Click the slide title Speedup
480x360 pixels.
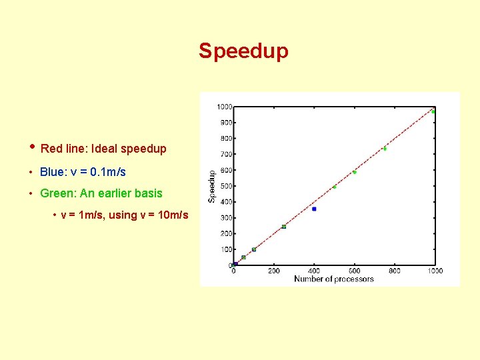243,51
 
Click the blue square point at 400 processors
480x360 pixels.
314,209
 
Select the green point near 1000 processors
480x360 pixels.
433,111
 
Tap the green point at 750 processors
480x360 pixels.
385,148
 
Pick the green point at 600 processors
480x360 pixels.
355,172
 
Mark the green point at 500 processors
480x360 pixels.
334,187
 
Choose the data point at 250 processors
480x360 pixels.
284,227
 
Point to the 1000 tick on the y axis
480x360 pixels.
224,107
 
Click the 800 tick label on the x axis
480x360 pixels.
395,271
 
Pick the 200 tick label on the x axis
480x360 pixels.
274,271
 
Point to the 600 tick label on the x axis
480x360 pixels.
355,271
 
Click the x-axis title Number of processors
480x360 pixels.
333,279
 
